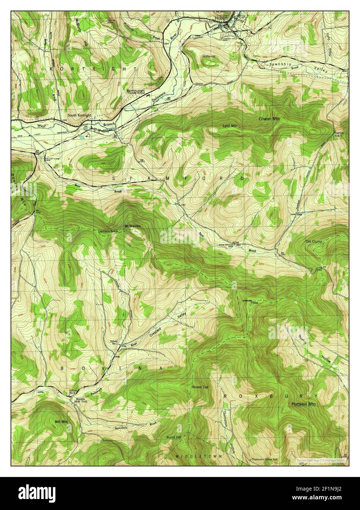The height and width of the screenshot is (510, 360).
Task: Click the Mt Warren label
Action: point(132,226)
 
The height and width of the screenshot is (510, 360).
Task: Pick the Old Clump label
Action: point(314,241)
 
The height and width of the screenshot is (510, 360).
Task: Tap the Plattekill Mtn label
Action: point(303,404)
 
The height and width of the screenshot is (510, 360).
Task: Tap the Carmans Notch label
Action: point(108,232)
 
